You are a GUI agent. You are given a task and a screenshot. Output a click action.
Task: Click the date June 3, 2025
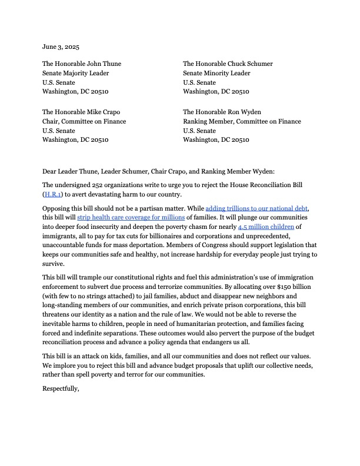(62, 46)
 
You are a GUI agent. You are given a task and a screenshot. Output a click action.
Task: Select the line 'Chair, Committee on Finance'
(84, 121)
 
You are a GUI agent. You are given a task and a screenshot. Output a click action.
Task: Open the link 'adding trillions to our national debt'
(256, 209)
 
